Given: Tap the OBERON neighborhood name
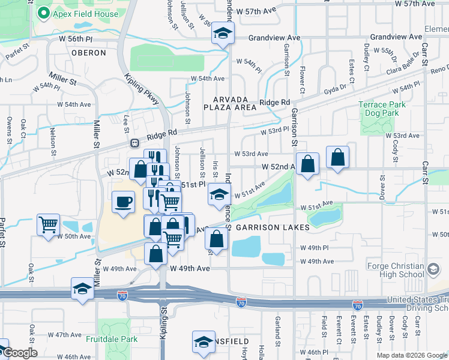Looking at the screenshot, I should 89,53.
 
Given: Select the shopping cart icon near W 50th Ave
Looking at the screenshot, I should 48,225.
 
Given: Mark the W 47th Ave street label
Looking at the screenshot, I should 64,334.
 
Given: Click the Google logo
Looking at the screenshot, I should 20,353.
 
